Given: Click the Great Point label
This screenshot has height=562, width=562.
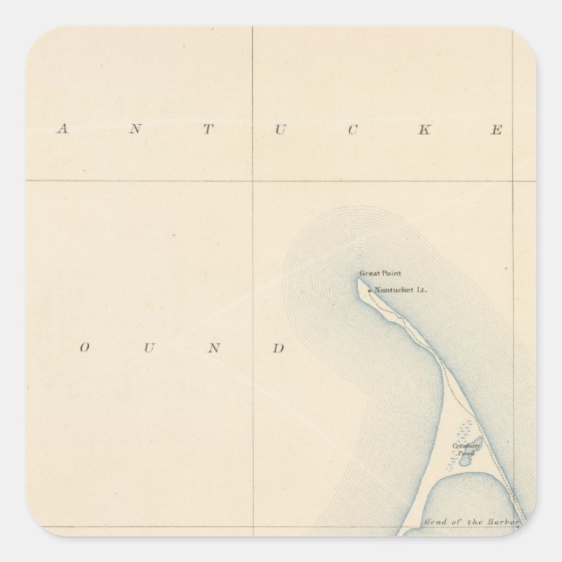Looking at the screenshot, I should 380,273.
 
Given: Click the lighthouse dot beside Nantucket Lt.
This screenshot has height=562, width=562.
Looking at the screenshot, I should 369,291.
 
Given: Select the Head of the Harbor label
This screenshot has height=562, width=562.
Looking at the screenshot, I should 471,522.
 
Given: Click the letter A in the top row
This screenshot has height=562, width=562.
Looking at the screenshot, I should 61,130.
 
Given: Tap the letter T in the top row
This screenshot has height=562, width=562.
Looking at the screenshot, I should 208,130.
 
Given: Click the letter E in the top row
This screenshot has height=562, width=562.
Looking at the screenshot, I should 497,130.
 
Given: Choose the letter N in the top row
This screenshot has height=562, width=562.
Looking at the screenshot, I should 134,130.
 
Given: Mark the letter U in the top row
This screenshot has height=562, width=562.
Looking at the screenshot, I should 280,130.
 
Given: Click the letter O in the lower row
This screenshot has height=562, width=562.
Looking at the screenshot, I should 85,348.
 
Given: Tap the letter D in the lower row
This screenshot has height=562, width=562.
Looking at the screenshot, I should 279,348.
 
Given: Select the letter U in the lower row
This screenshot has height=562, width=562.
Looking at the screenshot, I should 148,348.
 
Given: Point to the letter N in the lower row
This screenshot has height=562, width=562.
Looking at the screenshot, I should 213,348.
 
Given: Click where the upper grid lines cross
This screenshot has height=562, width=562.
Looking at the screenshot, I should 253,181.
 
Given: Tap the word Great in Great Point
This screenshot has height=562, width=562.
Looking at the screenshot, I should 369,273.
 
